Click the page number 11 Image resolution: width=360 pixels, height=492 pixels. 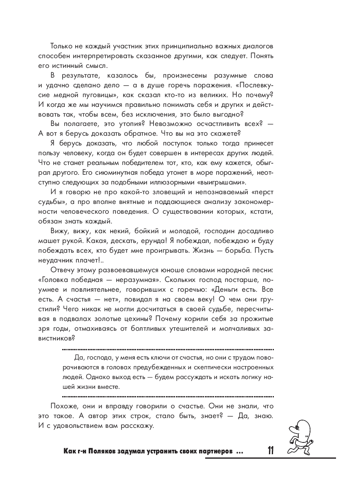pos(271,451)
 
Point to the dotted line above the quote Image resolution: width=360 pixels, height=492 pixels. pos(167,349)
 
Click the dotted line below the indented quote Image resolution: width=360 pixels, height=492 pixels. pos(167,396)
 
